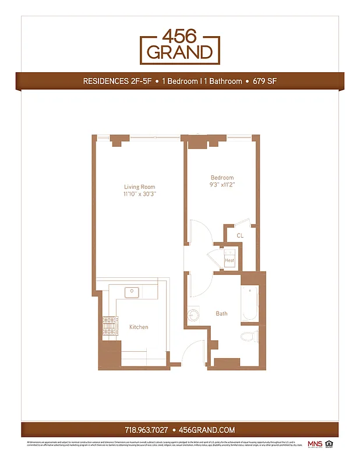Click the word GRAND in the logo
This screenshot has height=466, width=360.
[x=179, y=52]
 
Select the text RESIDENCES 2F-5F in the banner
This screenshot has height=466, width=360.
[x=118, y=82]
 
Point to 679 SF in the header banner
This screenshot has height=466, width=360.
[x=264, y=82]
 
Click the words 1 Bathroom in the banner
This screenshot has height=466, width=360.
[x=221, y=82]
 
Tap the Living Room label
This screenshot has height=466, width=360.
[x=140, y=187]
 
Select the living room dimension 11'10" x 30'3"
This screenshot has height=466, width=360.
[x=140, y=194]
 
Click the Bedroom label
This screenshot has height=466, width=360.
[x=222, y=178]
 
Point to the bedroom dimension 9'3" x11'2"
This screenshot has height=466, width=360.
[x=222, y=185]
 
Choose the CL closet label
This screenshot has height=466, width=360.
[x=239, y=235]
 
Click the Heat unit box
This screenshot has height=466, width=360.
[x=230, y=260]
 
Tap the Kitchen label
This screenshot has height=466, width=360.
[x=139, y=327]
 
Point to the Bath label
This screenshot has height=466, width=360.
[x=221, y=313]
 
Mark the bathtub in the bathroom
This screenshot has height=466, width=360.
[x=250, y=303]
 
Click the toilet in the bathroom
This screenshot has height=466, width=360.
[x=249, y=336]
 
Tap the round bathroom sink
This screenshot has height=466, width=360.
[x=193, y=315]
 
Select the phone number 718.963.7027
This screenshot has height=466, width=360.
[x=146, y=430]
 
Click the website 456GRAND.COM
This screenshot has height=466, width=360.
[x=207, y=430]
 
